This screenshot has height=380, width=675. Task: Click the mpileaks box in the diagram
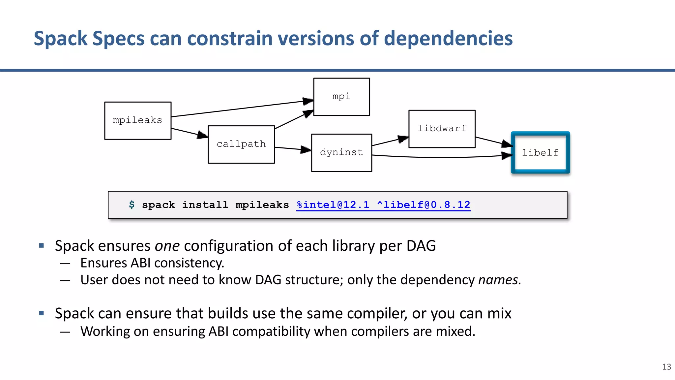pos(138,121)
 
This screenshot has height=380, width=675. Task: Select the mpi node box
pos(341,97)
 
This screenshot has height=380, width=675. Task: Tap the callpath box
pos(241,144)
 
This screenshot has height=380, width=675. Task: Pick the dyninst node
pos(341,153)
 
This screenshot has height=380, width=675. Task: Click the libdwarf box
pos(442,129)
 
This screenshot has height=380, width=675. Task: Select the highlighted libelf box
pos(540,153)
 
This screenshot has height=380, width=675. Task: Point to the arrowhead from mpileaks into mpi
pos(308,101)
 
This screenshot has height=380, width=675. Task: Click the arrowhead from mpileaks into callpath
pos(202,135)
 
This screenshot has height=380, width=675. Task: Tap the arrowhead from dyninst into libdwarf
pos(402,139)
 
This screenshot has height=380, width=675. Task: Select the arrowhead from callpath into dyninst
pos(306,150)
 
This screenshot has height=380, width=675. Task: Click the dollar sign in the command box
pos(132,205)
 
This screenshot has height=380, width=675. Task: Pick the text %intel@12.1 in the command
pos(333,205)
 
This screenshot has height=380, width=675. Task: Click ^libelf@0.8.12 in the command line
pos(424,205)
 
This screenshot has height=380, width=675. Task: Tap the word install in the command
pos(205,205)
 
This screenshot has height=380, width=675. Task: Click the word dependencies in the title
pos(448,38)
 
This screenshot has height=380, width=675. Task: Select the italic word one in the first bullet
pos(167,246)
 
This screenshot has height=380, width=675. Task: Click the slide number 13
pos(666,367)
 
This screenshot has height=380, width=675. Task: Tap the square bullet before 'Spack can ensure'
pos(42,313)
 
